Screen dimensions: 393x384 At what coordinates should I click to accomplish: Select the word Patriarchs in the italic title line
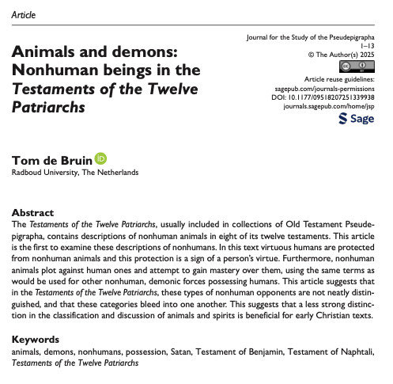(48, 108)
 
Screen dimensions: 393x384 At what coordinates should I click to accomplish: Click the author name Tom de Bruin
(51, 160)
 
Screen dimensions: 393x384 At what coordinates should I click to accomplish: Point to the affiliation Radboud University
(43, 173)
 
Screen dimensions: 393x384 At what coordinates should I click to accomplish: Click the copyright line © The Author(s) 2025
(341, 55)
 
